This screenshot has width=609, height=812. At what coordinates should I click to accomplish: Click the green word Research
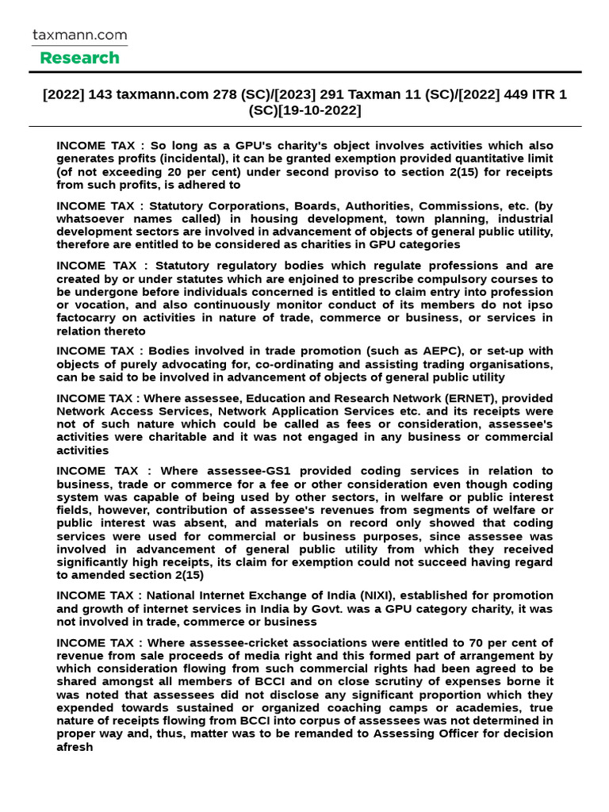[79, 58]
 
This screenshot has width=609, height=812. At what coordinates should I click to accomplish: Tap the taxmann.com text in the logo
[79, 36]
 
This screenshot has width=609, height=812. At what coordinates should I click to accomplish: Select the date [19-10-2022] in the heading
[320, 110]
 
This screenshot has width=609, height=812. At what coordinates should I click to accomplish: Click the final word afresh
[75, 746]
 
